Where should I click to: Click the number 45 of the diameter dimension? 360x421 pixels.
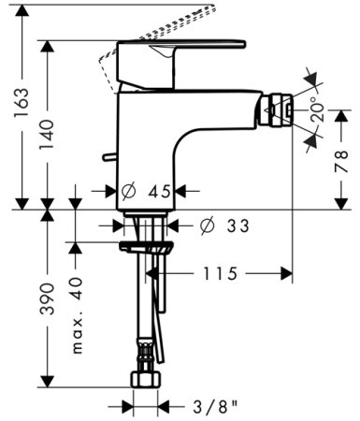point(160,192)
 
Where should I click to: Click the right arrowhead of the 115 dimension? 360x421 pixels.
point(288,272)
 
